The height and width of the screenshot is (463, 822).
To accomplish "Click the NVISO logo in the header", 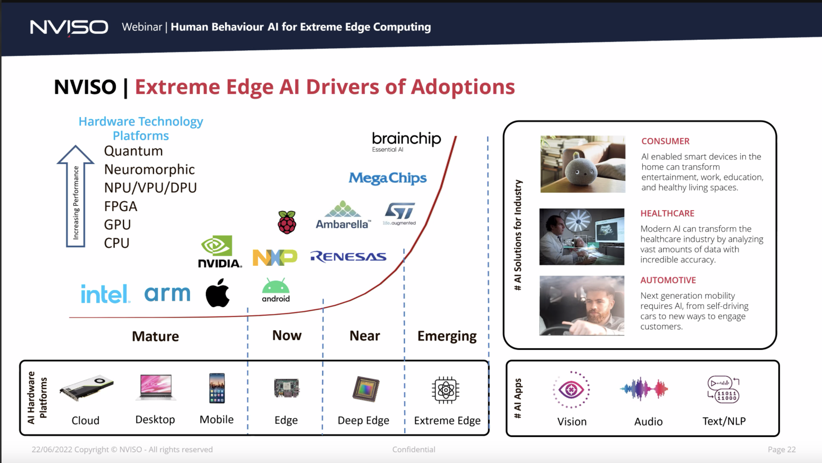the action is click(x=69, y=27).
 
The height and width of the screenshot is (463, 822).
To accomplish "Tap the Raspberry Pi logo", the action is click(x=287, y=222).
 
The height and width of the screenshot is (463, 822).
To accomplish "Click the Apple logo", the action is click(x=218, y=293).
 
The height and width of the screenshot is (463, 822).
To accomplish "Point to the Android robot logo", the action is click(x=276, y=290).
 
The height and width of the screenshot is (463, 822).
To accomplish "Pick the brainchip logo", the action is click(x=406, y=142).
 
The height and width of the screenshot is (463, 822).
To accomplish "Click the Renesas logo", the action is click(x=348, y=257).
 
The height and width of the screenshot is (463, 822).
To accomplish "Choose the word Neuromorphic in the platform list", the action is click(x=149, y=169).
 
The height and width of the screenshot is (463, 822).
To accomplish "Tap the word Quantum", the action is click(x=133, y=151).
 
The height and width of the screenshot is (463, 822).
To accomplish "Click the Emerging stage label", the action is click(x=447, y=336).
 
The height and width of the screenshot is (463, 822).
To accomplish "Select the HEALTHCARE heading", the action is click(x=667, y=213).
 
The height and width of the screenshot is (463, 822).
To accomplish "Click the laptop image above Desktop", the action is click(x=156, y=387).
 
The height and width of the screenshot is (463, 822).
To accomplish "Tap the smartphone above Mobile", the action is click(x=217, y=388).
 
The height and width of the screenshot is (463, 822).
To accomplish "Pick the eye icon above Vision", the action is click(x=571, y=389).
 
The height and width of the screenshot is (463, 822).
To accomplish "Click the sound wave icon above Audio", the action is click(x=644, y=389).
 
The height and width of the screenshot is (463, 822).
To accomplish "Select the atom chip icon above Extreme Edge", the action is click(x=445, y=390).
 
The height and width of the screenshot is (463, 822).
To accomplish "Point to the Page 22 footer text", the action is click(x=782, y=449).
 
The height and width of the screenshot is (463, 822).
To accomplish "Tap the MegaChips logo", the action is click(x=387, y=178).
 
